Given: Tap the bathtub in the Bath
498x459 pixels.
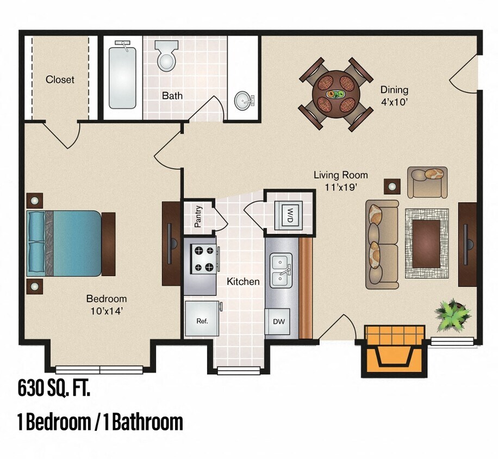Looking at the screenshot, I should pyautogui.click(x=122, y=76).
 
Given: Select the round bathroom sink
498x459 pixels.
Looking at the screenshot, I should pyautogui.click(x=243, y=100).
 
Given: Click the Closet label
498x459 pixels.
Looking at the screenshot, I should pyautogui.click(x=60, y=79).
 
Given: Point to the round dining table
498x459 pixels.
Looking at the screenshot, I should pyautogui.click(x=336, y=94).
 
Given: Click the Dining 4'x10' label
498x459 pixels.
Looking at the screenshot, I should pyautogui.click(x=394, y=95).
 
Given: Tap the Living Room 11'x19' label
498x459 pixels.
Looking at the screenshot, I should pyautogui.click(x=340, y=181).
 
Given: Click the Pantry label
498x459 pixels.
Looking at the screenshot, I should pyautogui.click(x=198, y=216).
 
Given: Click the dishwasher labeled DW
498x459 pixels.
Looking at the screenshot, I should pyautogui.click(x=278, y=322).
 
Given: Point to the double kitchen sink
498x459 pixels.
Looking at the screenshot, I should pyautogui.click(x=281, y=270).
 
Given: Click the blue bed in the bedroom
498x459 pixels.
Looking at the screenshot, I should pyautogui.click(x=65, y=243).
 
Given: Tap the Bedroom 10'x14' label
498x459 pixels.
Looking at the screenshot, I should pyautogui.click(x=107, y=305).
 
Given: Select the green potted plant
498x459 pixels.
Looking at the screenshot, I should pyautogui.click(x=451, y=315).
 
